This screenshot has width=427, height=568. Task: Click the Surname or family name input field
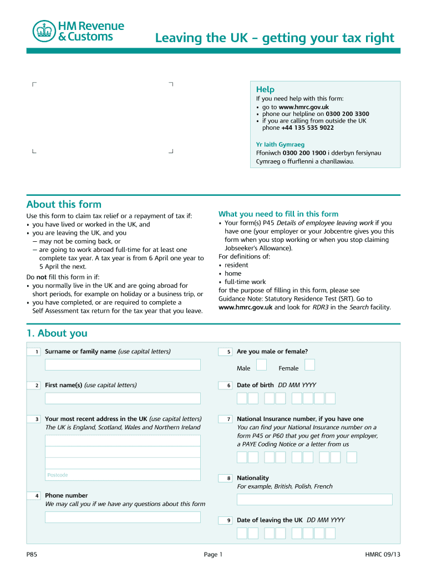point(123,364)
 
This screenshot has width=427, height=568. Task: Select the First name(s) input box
point(123,398)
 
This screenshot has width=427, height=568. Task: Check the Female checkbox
point(310,364)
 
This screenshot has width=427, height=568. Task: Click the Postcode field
point(123,475)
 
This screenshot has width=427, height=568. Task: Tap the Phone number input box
point(123,517)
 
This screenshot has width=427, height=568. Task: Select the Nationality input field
point(314,499)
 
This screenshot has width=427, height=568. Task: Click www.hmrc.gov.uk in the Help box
point(303,107)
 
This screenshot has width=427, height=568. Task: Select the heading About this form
point(64,204)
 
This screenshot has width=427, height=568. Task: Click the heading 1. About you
point(57,333)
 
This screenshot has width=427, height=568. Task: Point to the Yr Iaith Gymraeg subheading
point(280,144)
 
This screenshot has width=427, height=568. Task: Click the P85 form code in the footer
point(32,555)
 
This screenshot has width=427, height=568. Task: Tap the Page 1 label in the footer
point(213,555)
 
